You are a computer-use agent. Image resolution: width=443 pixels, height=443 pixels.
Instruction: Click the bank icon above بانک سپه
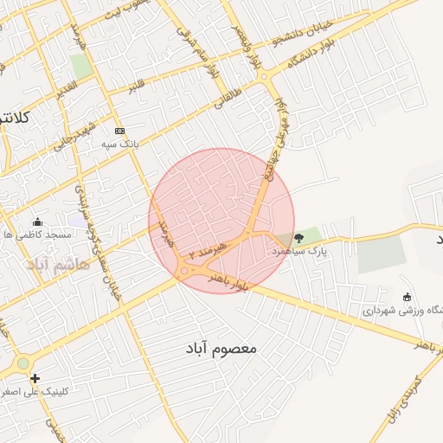pos(119,131)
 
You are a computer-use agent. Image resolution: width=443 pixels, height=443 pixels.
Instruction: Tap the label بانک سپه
pos(119,143)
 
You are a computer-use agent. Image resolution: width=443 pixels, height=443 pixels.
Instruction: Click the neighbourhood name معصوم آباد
pos(221,348)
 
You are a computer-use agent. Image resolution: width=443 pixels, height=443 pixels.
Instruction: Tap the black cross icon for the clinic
pos(35,378)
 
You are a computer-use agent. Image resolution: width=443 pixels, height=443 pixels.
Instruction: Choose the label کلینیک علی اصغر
pos(36,391)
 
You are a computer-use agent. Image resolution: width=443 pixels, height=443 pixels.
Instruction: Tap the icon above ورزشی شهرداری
pos(408,297)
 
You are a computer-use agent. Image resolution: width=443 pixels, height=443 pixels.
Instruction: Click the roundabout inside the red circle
pos(186,273)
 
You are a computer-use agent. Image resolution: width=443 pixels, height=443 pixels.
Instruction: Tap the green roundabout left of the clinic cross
pos(22,364)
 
